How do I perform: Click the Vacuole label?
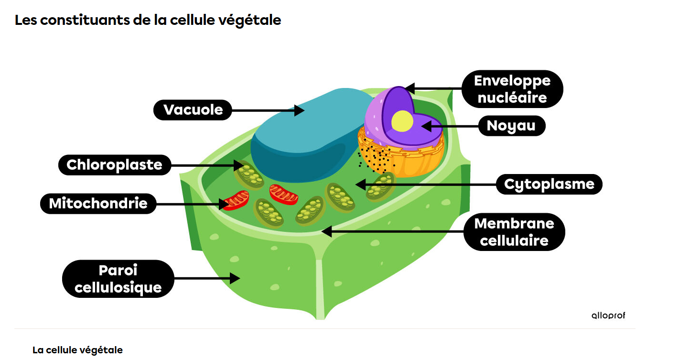(193, 110)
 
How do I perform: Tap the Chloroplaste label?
(114, 165)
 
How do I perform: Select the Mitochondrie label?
(98, 204)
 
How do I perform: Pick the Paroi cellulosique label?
(118, 279)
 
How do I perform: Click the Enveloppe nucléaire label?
(512, 89)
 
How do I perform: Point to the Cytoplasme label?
(549, 184)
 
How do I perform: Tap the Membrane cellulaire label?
(514, 232)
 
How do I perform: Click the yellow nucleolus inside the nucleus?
(402, 120)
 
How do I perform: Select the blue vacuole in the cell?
(306, 139)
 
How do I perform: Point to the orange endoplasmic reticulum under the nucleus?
(416, 160)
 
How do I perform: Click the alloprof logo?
(608, 316)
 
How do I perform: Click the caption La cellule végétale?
(77, 350)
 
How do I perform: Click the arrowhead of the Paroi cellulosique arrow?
(235, 278)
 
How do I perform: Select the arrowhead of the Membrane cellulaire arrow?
(326, 231)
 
